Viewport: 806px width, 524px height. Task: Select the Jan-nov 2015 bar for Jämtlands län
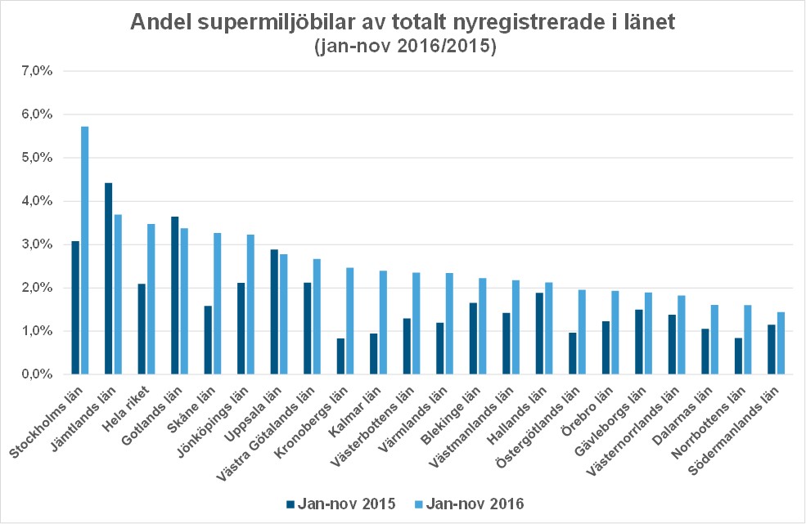[x=109, y=279]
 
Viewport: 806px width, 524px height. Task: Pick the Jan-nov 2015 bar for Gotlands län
[x=174, y=295]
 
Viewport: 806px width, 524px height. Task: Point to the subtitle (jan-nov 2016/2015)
[x=403, y=47]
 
